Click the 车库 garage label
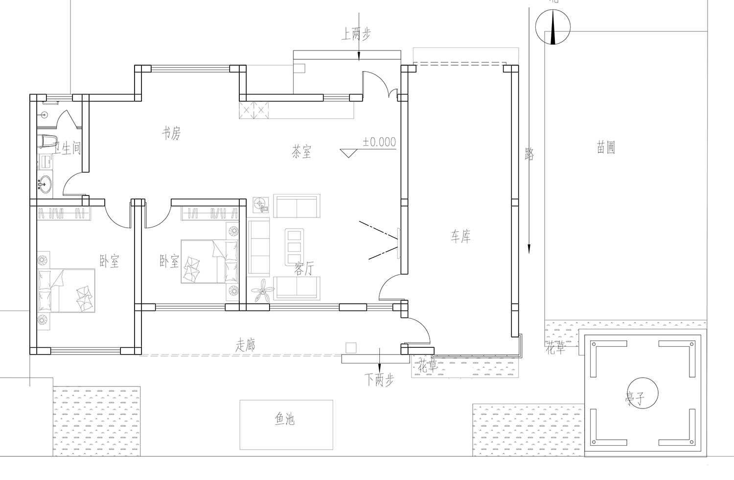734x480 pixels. (x=460, y=236)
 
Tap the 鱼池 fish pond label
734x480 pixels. (x=284, y=419)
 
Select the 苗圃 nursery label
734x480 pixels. (x=606, y=147)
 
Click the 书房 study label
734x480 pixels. (x=171, y=133)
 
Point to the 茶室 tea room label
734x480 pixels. (x=301, y=152)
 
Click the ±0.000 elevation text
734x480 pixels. (x=379, y=142)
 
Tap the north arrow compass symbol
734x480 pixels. (x=553, y=27)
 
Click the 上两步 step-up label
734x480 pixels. (x=356, y=34)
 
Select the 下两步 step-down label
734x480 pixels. (x=379, y=380)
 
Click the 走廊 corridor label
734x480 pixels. (x=245, y=345)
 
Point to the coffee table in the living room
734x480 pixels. (x=294, y=247)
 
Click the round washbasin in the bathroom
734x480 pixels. (x=45, y=185)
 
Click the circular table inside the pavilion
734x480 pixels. (x=642, y=393)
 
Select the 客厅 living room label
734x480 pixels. (x=304, y=268)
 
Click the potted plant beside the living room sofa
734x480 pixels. (x=262, y=290)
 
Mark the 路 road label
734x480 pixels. (x=529, y=154)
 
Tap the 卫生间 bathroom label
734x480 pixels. (x=67, y=148)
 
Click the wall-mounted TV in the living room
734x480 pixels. (x=399, y=243)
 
